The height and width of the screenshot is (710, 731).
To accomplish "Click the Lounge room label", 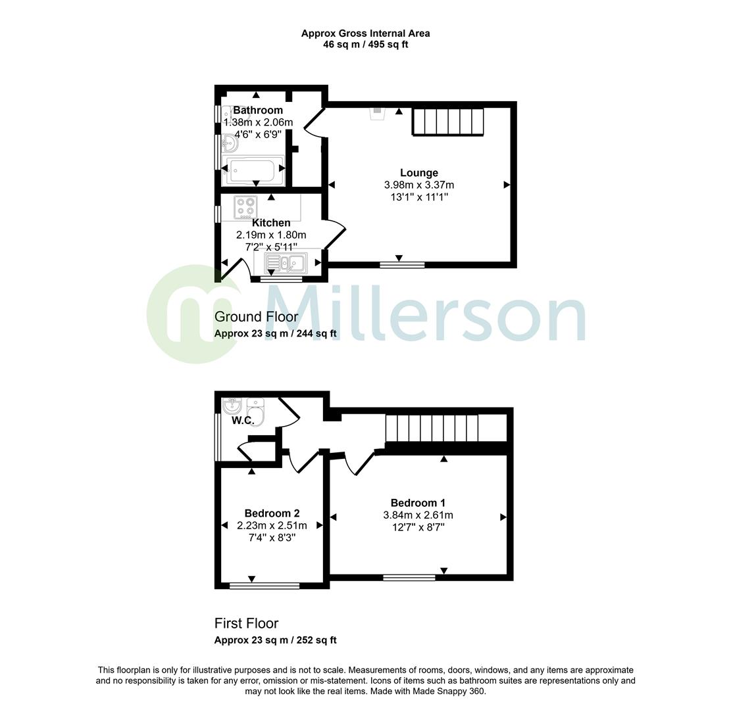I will point(418,173).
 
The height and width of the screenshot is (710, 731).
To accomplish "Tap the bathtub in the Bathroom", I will point(255,170).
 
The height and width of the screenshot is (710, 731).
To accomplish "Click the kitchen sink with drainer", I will point(285,263).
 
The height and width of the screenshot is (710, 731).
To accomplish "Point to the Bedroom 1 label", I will point(418,503).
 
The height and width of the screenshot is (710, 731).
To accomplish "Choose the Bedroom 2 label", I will point(272,513).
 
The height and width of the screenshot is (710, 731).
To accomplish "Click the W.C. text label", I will point(242,421).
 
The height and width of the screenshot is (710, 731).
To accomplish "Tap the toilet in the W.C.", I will point(256,412).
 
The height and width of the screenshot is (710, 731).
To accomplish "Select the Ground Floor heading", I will point(256,317).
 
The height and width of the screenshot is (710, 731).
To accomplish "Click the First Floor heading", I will point(246,623).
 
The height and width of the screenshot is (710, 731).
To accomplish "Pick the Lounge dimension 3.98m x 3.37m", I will point(418,185).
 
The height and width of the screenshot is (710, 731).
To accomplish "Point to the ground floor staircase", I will point(447,122).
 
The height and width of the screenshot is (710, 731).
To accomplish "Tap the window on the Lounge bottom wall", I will point(402,265).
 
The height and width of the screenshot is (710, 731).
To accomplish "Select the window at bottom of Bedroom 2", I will point(265,585).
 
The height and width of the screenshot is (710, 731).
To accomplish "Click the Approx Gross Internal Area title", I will point(365,34).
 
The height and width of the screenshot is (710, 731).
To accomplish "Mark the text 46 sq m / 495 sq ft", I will point(365,45).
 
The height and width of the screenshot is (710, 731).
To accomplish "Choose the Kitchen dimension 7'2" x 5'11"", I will point(270,247).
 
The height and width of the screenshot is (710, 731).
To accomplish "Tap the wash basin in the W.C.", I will point(232,404).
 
